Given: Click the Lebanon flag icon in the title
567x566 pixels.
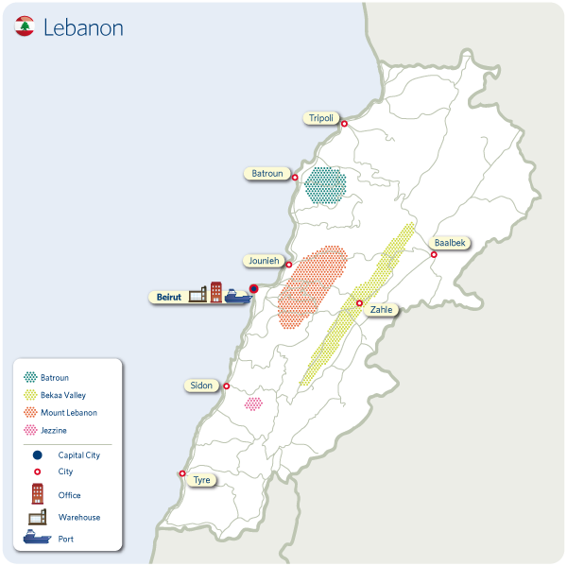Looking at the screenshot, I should (x=26, y=27).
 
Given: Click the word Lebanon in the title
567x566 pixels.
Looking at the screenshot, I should (x=83, y=27).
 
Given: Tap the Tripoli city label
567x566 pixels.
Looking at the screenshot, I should (x=319, y=118).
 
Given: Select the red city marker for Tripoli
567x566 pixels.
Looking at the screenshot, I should (x=344, y=124).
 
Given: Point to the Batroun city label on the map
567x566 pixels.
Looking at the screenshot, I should (x=267, y=174).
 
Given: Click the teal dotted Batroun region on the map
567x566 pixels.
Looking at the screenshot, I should (x=326, y=185).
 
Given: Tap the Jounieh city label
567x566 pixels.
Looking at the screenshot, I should (x=264, y=260).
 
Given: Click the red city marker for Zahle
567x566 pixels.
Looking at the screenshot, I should (x=359, y=303).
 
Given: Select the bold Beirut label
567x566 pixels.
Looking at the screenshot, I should (x=167, y=297).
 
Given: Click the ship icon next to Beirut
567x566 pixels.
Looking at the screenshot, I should (x=237, y=297).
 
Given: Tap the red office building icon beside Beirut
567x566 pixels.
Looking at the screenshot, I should (x=215, y=292).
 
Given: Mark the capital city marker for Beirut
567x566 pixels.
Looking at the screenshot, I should (x=253, y=290).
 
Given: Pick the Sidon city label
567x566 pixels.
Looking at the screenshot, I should (x=201, y=386).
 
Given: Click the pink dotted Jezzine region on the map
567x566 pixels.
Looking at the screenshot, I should (x=253, y=403).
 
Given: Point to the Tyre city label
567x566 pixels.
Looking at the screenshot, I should (x=201, y=479).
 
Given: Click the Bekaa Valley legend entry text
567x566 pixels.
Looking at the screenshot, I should (x=63, y=395).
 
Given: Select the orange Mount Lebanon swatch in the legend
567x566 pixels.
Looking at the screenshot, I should (x=30, y=413).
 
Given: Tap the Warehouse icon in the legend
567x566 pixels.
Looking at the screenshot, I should (x=38, y=517).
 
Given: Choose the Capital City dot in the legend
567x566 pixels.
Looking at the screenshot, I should (x=38, y=455).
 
